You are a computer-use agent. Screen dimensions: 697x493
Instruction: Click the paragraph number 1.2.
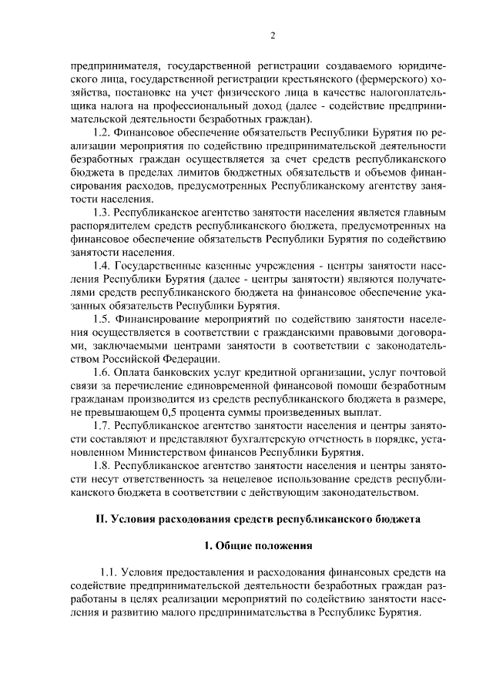click(x=102, y=133)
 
